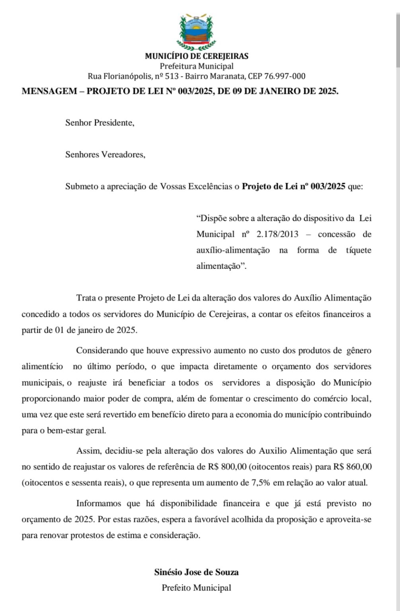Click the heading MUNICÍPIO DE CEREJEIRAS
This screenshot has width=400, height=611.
pos(197,56)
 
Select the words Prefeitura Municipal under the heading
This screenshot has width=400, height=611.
pos(197,66)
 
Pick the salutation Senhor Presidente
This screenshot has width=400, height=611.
pos(100,123)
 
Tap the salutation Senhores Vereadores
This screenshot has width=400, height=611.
pos(105,155)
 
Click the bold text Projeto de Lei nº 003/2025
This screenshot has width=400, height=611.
pos(293,187)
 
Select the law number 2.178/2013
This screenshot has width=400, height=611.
pos(277,234)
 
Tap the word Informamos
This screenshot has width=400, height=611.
pos(99,503)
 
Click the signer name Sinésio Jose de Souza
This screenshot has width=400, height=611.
pos(196,572)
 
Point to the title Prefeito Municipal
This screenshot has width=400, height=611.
pos(196,588)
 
